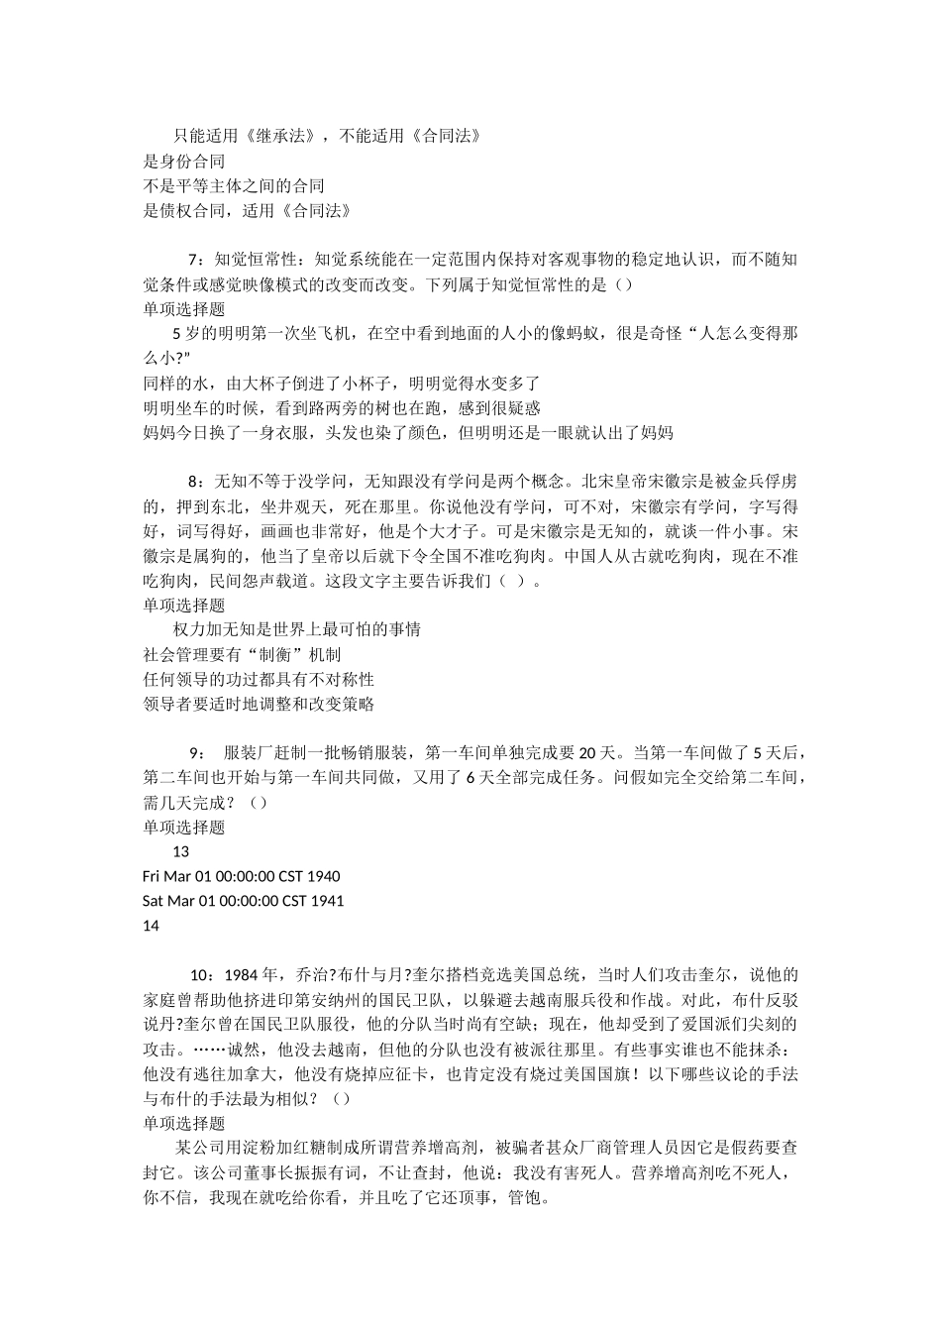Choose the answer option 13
(x=180, y=852)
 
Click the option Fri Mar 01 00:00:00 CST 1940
(x=242, y=877)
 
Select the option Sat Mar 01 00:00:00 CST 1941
(x=244, y=902)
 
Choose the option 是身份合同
(x=184, y=162)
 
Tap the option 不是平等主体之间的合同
(x=234, y=186)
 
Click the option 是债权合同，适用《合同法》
(x=248, y=211)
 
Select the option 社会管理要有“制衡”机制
(x=243, y=655)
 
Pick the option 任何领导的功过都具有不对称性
(x=259, y=680)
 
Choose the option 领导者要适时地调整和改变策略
(x=259, y=705)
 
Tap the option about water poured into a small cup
(x=342, y=384)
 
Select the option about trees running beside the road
(x=342, y=408)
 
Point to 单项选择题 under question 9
(x=184, y=828)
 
